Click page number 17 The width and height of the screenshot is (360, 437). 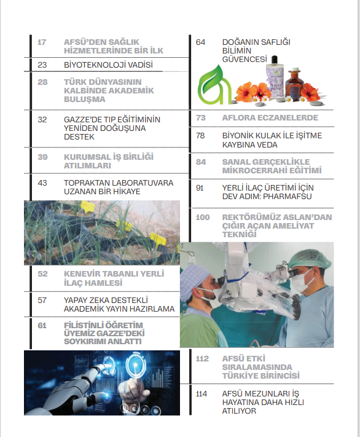point(42,42)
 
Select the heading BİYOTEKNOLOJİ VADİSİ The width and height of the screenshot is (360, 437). point(108,65)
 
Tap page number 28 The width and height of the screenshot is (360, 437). point(42,81)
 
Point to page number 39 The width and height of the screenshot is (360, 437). point(42,157)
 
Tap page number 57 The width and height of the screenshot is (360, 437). point(42,300)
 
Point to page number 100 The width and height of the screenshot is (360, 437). point(203,218)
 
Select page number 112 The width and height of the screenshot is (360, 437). point(203,358)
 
